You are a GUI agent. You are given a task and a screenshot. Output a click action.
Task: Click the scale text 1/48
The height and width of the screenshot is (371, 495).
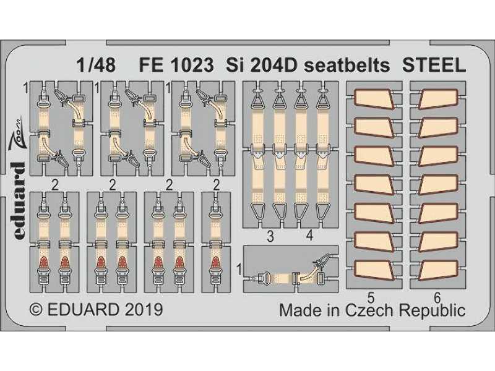97,65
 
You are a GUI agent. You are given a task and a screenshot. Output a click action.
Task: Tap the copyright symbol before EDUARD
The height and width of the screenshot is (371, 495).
37,309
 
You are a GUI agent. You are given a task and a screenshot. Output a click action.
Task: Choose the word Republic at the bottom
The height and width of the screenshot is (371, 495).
432,309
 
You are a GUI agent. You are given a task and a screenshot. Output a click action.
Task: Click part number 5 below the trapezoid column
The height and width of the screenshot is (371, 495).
371,295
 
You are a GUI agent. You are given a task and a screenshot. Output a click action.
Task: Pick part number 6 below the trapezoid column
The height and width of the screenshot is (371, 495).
436,295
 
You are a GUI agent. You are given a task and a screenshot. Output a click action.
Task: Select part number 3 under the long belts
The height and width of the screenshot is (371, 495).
270,236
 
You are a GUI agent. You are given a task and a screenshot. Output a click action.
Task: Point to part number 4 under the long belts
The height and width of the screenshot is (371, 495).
309,236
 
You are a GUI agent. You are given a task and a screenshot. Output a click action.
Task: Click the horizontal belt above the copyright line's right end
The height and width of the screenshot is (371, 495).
291,268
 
